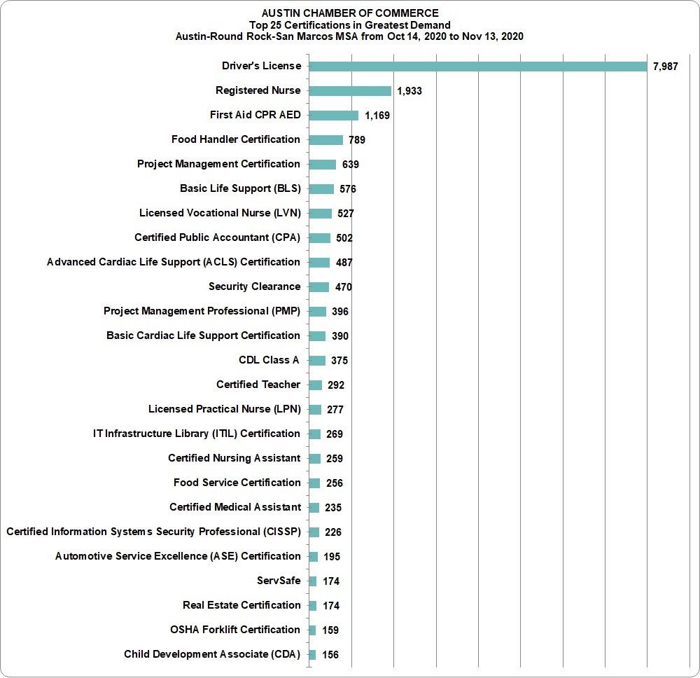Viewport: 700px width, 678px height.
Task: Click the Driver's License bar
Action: [477, 67]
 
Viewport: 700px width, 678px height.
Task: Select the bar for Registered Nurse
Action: [350, 91]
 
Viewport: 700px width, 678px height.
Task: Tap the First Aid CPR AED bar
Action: [333, 116]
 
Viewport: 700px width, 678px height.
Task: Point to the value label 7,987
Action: [665, 67]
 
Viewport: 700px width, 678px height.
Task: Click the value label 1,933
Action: [409, 91]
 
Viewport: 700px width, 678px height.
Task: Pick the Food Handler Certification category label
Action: [236, 139]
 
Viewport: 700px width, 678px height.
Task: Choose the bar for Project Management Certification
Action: [322, 165]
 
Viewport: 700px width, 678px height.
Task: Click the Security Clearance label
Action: [255, 286]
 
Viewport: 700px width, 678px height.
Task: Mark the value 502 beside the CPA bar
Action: [344, 238]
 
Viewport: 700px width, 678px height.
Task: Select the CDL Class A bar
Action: [317, 361]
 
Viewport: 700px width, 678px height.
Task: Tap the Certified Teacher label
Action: [258, 385]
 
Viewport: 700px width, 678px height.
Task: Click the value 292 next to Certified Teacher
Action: [336, 385]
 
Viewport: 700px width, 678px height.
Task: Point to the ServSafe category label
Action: [279, 581]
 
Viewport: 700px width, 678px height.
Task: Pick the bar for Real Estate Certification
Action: [312, 606]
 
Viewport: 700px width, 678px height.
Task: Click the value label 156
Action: [330, 655]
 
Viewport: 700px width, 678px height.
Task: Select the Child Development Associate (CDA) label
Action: [212, 654]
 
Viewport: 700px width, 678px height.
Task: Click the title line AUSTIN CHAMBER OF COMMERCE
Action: [350, 13]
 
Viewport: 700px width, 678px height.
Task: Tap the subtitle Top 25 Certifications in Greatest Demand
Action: [349, 25]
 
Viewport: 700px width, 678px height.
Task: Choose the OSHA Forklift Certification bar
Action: [312, 630]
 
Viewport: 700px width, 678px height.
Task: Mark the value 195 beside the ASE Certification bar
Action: [332, 557]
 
